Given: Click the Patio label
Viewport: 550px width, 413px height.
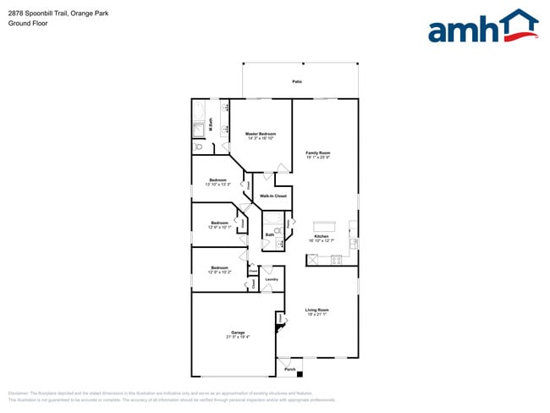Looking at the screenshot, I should click(x=297, y=81).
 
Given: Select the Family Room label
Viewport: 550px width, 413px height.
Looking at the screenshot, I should click(x=318, y=154).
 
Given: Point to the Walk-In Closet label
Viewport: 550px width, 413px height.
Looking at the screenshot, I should click(x=272, y=195).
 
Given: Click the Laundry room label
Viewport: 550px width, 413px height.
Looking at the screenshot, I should click(x=272, y=279).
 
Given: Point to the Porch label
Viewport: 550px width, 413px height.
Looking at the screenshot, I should click(x=289, y=370).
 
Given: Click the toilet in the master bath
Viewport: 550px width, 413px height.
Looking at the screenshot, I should click(x=198, y=146).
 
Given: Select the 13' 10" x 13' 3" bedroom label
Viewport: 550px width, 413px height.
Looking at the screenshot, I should click(x=217, y=182).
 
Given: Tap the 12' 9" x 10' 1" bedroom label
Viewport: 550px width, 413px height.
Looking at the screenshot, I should click(x=217, y=225).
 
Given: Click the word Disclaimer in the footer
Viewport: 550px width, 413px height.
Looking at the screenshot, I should click(x=19, y=394).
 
